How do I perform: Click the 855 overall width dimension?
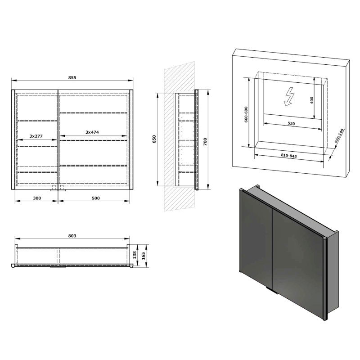(72, 77)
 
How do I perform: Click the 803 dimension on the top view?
(72, 235)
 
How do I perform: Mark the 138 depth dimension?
(135, 254)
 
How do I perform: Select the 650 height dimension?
(154, 139)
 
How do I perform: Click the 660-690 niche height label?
(245, 115)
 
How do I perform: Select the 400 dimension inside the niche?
(312, 100)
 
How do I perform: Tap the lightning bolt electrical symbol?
(288, 96)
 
